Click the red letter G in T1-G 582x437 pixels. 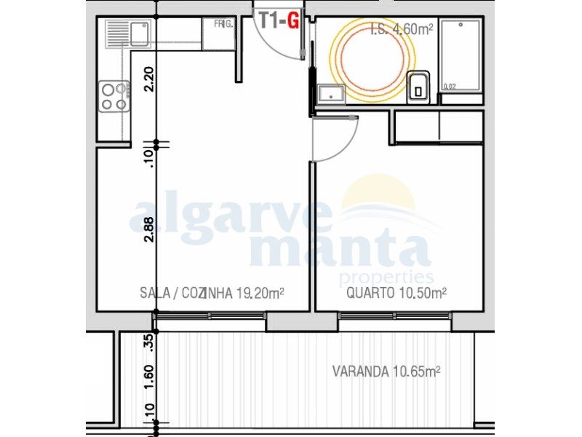click(292, 20)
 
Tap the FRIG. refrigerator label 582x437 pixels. click(223, 24)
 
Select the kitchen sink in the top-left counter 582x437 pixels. click(127, 34)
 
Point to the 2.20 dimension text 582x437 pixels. click(149, 79)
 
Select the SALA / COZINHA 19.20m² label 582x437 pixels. click(211, 294)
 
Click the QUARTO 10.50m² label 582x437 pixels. click(396, 294)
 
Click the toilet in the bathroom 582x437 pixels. click(418, 86)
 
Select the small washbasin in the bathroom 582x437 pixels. click(331, 93)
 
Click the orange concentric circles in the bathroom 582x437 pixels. click(372, 58)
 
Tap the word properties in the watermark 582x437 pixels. click(386, 277)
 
